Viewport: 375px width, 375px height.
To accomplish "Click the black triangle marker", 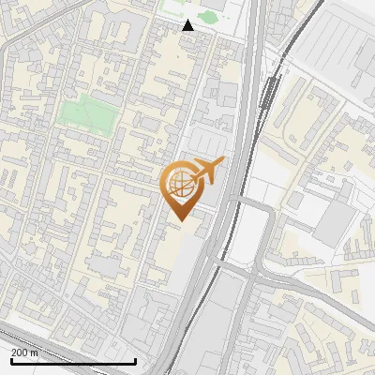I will point(188,25).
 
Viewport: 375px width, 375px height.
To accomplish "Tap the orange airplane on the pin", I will point(205,171).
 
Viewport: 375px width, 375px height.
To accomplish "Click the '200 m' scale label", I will point(24,352).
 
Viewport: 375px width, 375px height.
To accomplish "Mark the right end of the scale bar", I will point(136,361).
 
